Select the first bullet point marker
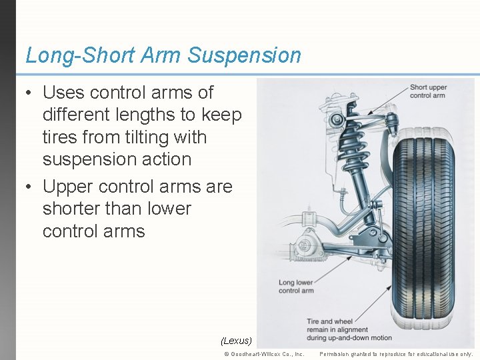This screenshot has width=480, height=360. (29, 93)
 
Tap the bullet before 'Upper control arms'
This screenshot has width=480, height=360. (29, 187)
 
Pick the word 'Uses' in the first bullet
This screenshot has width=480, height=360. (64, 93)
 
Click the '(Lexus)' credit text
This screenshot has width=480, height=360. (236, 341)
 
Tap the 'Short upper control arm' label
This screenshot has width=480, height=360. (427, 91)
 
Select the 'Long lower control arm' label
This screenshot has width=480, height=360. (297, 287)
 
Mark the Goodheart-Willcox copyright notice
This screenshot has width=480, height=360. (264, 354)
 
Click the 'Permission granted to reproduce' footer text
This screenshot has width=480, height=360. (396, 354)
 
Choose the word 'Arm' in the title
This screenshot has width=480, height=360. (159, 55)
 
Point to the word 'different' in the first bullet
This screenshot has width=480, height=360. (75, 115)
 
